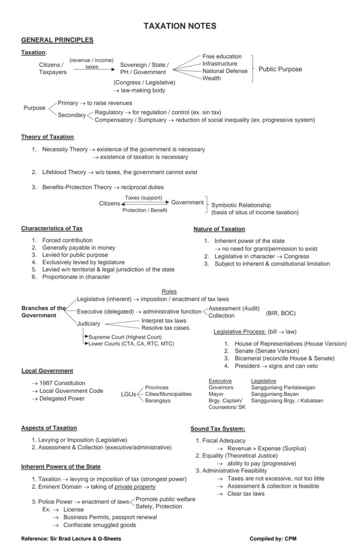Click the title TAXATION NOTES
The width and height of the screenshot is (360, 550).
click(x=180, y=26)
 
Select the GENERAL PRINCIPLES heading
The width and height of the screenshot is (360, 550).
click(x=57, y=40)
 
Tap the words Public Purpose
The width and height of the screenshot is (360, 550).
click(x=280, y=69)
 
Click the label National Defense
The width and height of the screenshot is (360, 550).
click(x=225, y=71)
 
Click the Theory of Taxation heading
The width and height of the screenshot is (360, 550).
click(x=47, y=137)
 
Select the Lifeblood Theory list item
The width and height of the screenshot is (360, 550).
click(x=119, y=172)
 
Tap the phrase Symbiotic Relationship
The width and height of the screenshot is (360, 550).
click(x=241, y=205)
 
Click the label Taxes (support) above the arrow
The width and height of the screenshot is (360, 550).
click(x=143, y=198)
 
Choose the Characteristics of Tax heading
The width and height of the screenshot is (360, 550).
click(x=52, y=229)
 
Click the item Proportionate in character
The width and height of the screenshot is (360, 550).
click(x=76, y=277)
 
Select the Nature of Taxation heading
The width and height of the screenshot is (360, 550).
click(x=219, y=229)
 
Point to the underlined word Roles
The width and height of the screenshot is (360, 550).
click(x=169, y=292)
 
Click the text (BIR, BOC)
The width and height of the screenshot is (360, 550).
click(x=280, y=313)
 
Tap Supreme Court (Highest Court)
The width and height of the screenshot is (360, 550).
click(x=125, y=337)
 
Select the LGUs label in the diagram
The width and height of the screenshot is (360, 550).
click(x=128, y=394)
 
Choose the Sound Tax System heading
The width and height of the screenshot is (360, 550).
click(x=217, y=429)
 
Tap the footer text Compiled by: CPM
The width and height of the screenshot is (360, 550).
click(x=273, y=539)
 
